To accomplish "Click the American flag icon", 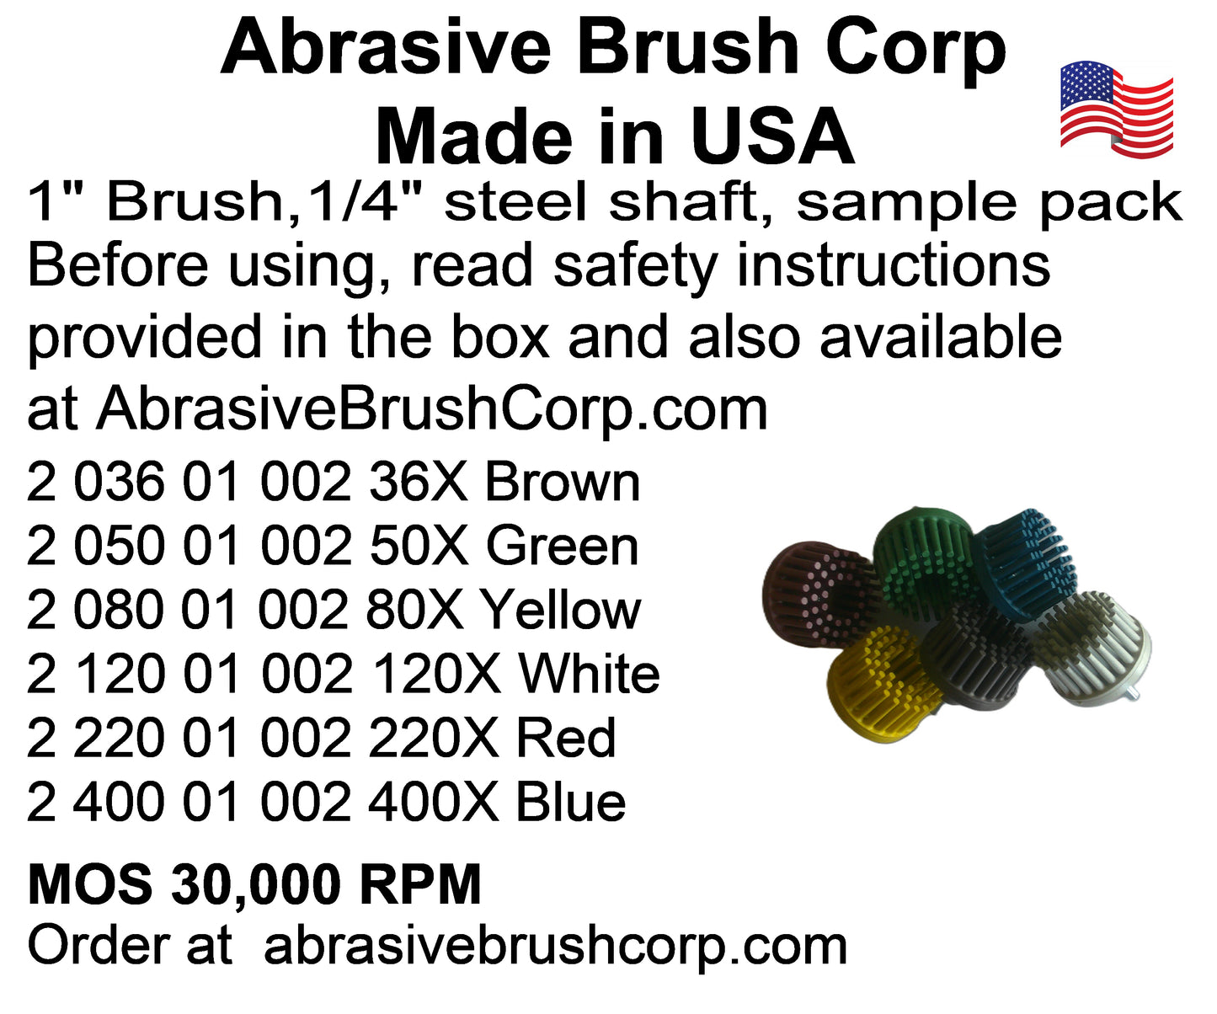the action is (1116, 109).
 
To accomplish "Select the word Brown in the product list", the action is (563, 483).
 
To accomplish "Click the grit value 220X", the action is (434, 739).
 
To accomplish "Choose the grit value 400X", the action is (434, 803).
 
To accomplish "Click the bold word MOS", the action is (90, 884).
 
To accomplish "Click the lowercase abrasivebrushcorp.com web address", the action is (555, 948).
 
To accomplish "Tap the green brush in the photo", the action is (926, 558).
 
